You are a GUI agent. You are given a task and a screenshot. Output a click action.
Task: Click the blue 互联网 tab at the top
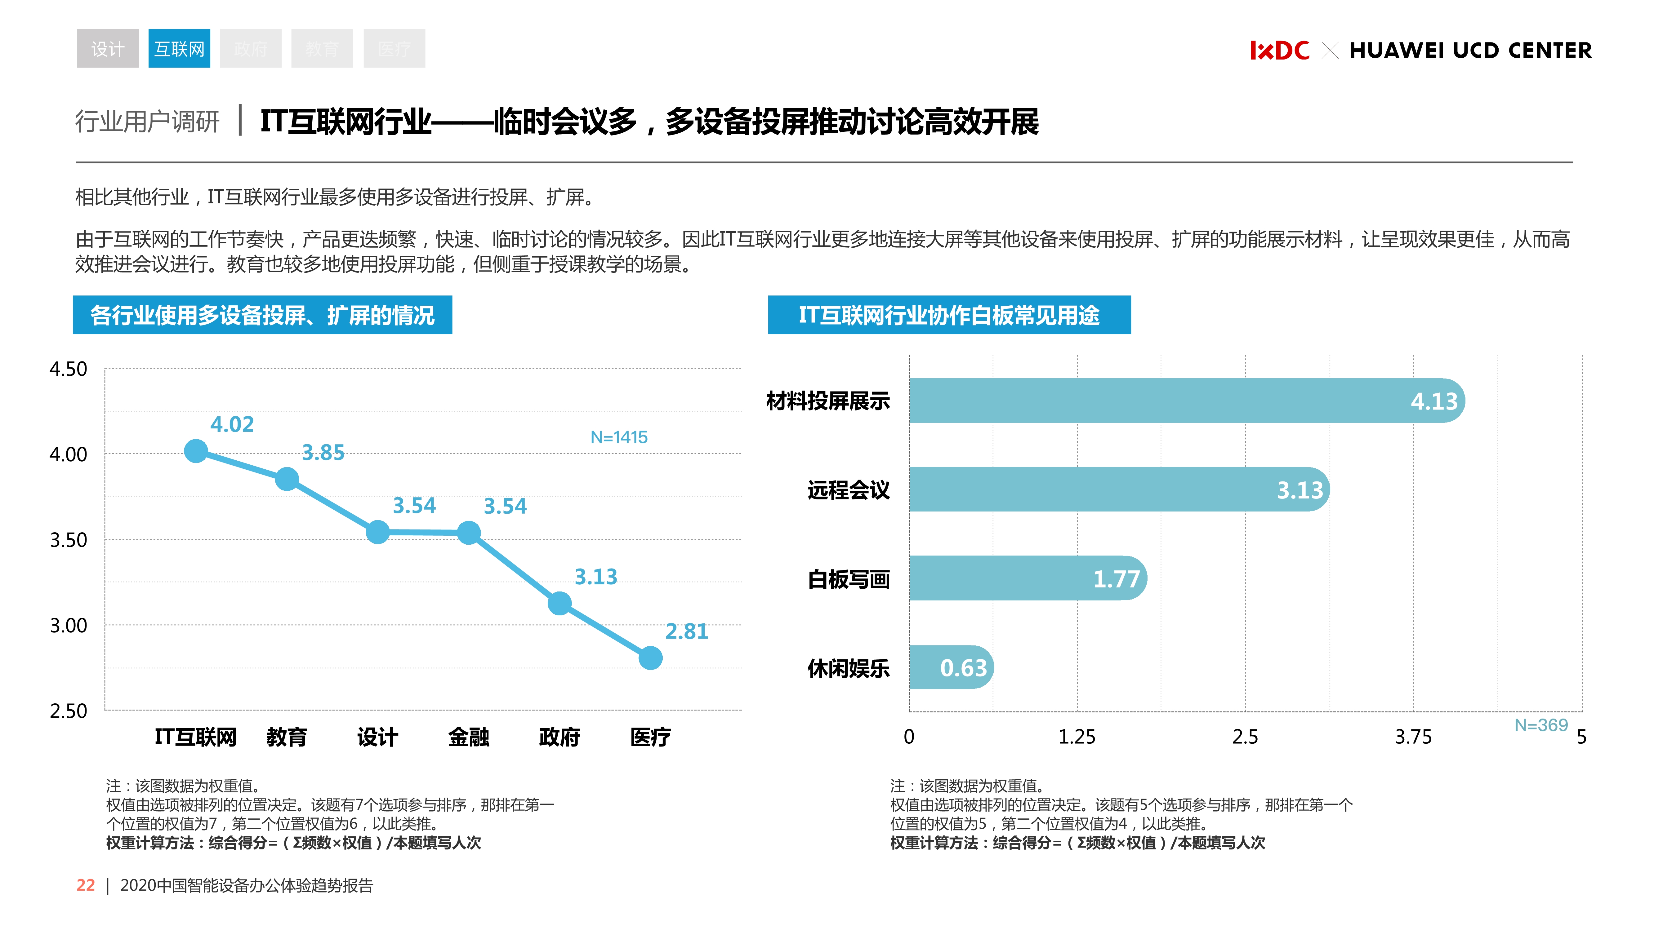click(x=179, y=49)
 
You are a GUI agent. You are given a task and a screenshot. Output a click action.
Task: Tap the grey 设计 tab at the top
click(x=107, y=49)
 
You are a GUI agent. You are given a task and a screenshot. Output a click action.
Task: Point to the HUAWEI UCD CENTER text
click(x=1470, y=50)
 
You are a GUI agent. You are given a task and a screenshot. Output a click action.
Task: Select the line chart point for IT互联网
click(x=196, y=451)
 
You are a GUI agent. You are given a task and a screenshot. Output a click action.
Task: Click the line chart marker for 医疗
click(x=650, y=658)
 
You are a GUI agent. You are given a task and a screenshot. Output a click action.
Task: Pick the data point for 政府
click(x=559, y=603)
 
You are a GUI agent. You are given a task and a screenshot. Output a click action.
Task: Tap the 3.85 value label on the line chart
click(x=323, y=453)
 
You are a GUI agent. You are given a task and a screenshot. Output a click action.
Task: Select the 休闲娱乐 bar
click(x=950, y=667)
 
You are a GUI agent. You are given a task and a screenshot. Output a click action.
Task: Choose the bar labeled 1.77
click(x=1027, y=578)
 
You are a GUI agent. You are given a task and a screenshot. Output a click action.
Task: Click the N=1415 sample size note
click(x=619, y=437)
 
